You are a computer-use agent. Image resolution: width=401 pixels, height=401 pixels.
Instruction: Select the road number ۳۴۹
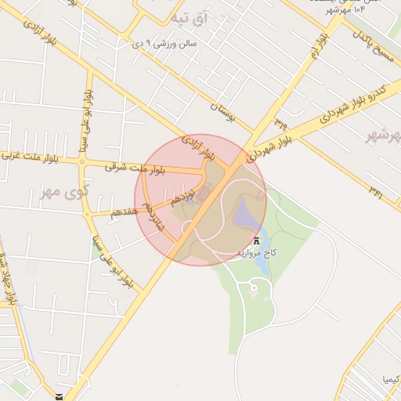pyautogui.click(x=280, y=121)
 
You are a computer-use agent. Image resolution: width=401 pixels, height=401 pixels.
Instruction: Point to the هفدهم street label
pyautogui.click(x=125, y=210)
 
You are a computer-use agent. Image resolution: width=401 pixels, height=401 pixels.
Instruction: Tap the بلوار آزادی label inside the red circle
pyautogui.click(x=198, y=149)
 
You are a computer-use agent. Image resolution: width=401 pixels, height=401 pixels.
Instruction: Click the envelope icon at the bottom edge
pyautogui.click(x=60, y=397)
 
